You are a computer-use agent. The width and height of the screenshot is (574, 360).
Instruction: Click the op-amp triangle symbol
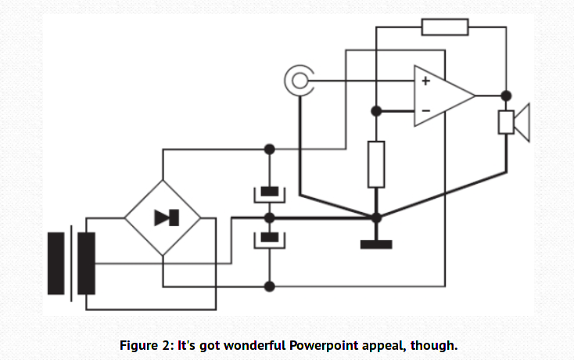pyautogui.click(x=442, y=95)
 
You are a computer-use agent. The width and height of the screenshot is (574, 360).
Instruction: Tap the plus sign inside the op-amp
pyautogui.click(x=425, y=80)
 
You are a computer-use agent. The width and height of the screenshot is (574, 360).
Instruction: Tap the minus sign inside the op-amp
pyautogui.click(x=425, y=110)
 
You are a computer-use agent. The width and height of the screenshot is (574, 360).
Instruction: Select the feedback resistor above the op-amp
pyautogui.click(x=445, y=27)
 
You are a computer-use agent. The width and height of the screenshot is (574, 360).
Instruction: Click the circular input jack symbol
pyautogui.click(x=297, y=81)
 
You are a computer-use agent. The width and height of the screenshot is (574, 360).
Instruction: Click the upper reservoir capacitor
pyautogui.click(x=270, y=192)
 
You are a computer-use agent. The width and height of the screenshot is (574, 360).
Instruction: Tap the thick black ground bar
pyautogui.click(x=376, y=243)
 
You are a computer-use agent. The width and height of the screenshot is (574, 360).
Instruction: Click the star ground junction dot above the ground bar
pyautogui.click(x=376, y=217)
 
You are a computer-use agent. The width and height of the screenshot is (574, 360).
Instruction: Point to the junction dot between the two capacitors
pyautogui.click(x=270, y=217)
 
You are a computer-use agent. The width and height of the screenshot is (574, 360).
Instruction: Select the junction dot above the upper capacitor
pyautogui.click(x=270, y=149)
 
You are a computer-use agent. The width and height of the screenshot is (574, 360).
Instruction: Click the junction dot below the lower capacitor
pyautogui.click(x=270, y=286)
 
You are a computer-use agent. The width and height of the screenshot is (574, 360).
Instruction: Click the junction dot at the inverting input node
pyautogui.click(x=376, y=110)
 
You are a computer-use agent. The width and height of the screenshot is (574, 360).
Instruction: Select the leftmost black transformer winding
pyautogui.click(x=56, y=263)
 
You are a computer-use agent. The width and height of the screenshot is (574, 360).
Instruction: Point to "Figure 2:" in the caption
pyautogui.click(x=144, y=345)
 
